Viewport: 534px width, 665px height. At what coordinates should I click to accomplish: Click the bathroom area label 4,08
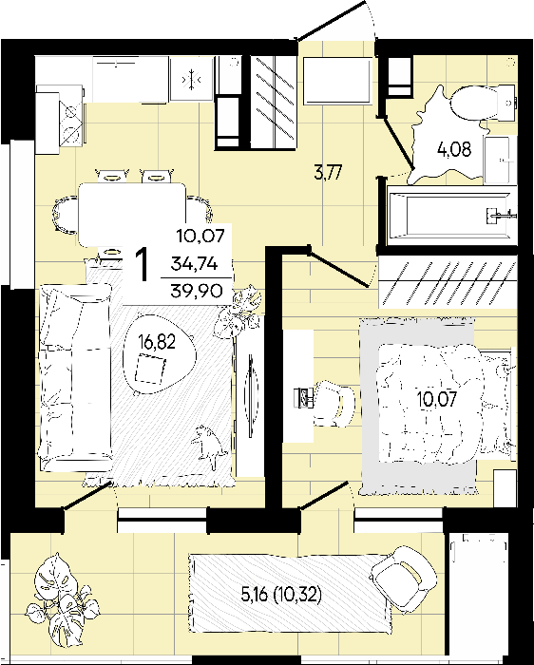click(x=454, y=149)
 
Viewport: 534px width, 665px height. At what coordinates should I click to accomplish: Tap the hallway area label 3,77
click(x=328, y=173)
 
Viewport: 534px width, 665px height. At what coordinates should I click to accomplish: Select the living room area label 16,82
click(x=157, y=342)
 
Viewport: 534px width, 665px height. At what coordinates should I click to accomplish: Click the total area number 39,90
click(x=197, y=291)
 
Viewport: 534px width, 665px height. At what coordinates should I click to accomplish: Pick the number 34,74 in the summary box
click(x=194, y=264)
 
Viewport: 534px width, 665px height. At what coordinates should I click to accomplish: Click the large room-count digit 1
click(x=143, y=265)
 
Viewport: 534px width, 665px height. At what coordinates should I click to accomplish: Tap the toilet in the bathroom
click(x=484, y=103)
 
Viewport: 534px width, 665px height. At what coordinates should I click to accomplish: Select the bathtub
click(x=451, y=215)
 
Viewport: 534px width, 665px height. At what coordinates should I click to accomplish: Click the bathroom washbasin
click(x=496, y=160)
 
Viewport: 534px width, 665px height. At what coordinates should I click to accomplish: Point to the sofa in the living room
click(x=75, y=376)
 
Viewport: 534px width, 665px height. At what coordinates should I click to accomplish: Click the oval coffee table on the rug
click(x=160, y=355)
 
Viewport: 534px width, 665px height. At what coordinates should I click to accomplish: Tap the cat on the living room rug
click(x=206, y=446)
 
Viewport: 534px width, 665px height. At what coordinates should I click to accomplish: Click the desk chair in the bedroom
click(x=334, y=403)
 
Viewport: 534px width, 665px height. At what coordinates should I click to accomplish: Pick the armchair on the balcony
click(x=402, y=579)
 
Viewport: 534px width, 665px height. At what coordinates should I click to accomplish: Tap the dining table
click(x=132, y=214)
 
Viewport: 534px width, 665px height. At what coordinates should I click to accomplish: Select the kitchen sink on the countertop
click(x=191, y=79)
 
